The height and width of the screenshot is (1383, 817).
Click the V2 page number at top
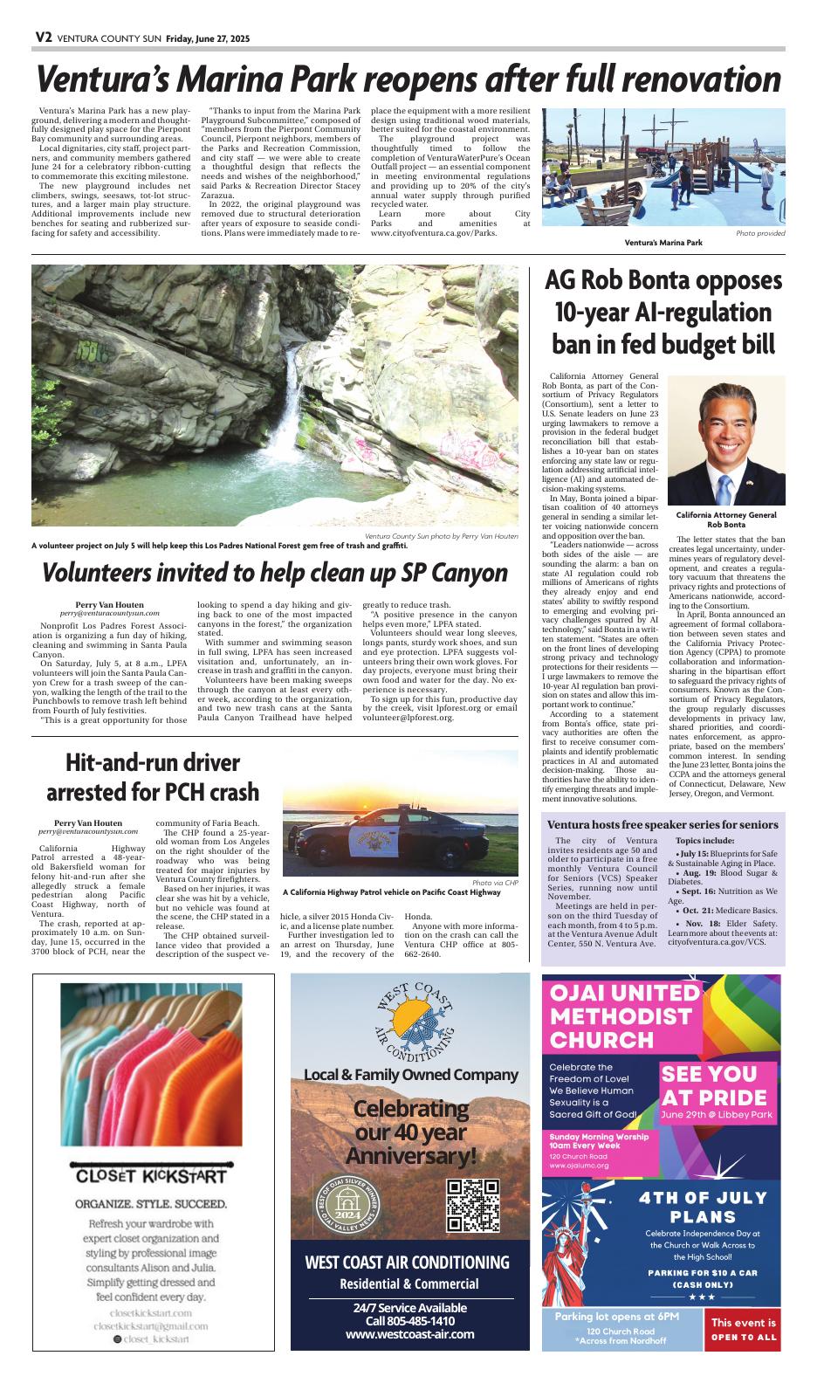45,37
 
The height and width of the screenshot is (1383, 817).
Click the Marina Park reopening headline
408,80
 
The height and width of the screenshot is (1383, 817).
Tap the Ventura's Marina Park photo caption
663,242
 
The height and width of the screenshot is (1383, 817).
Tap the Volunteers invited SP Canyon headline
275,573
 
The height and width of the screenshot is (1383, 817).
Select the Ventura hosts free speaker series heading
663,824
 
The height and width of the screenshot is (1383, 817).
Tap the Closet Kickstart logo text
151,1174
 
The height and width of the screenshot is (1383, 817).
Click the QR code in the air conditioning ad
472,1205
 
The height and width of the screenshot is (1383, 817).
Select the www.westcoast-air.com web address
409,1334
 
